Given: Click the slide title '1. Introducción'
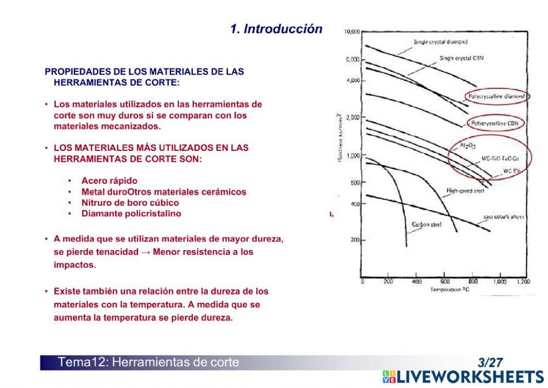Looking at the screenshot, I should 276,29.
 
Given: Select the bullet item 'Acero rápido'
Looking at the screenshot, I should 109,181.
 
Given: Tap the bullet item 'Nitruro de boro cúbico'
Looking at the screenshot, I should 130,203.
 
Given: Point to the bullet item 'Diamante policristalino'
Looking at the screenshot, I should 131,213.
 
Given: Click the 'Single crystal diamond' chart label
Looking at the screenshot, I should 441,42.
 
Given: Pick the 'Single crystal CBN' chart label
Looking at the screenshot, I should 462,58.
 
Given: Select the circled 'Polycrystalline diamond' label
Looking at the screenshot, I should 497,96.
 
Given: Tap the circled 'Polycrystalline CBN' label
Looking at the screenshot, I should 494,123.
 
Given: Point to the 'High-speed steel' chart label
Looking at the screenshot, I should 465,191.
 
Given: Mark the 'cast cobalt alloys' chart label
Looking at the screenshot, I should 504,217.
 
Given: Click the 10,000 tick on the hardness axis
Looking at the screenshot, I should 352,32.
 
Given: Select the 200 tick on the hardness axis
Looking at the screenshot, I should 355,240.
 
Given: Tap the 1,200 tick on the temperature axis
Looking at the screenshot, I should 523,282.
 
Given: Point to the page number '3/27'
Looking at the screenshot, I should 490,362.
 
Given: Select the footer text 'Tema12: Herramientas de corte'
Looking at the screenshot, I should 149,362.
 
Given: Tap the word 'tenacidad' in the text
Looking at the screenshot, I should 112,252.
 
